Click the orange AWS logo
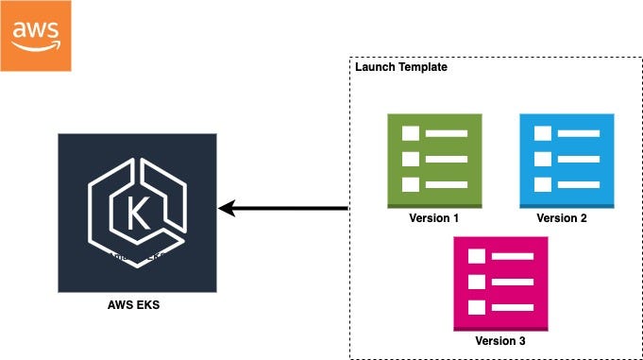(36, 36)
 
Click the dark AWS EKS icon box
(137, 212)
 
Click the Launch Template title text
(401, 67)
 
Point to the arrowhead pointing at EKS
(228, 208)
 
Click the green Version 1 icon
(434, 160)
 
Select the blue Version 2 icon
(567, 160)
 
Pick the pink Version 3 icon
(500, 283)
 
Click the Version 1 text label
(434, 218)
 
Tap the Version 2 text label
(563, 218)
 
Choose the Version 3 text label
(500, 341)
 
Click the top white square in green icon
(410, 134)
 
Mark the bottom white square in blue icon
(542, 184)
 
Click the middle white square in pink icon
(476, 282)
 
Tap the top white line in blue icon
(578, 134)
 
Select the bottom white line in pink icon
(512, 307)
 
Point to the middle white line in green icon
(446, 159)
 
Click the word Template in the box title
(423, 67)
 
